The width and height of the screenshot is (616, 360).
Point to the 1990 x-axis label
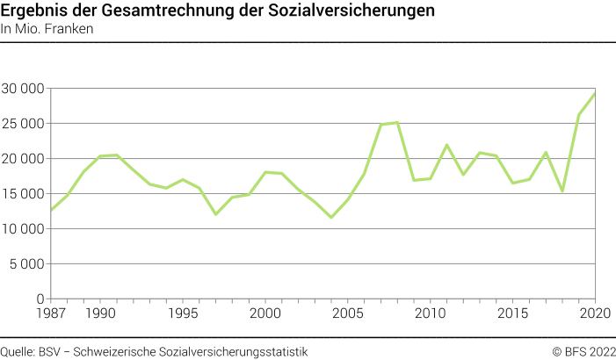click(100, 313)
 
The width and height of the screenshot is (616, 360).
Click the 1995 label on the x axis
click(183, 313)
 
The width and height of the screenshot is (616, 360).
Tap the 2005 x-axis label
click(348, 313)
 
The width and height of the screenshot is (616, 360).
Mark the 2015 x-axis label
click(513, 313)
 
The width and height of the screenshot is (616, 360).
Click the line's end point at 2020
click(596, 93)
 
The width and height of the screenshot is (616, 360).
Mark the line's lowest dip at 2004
click(331, 217)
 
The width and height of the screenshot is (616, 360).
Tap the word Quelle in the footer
click(18, 351)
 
